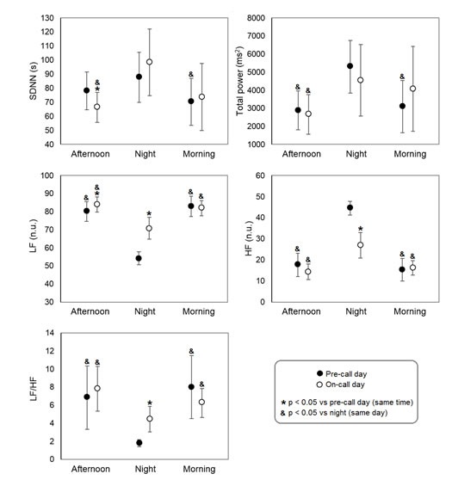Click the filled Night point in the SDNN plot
pyautogui.click(x=139, y=77)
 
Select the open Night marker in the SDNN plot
pyautogui.click(x=150, y=62)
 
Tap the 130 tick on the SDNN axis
pyautogui.click(x=47, y=18)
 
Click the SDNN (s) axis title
pyautogui.click(x=33, y=81)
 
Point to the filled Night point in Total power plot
pyautogui.click(x=350, y=66)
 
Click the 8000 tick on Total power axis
pyautogui.click(x=256, y=18)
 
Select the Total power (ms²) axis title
pyautogui.click(x=240, y=81)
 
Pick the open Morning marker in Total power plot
pyautogui.click(x=412, y=89)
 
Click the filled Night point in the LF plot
pyautogui.click(x=139, y=258)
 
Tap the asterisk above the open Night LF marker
pyautogui.click(x=149, y=213)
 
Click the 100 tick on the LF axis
pyautogui.click(x=47, y=175)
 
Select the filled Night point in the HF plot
pyautogui.click(x=350, y=207)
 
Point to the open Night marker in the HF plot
pyautogui.click(x=360, y=245)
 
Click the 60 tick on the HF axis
pyautogui.click(x=260, y=175)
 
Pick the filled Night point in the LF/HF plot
pyautogui.click(x=139, y=443)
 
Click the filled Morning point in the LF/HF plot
pyautogui.click(x=191, y=387)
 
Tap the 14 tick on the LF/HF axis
pyautogui.click(x=50, y=333)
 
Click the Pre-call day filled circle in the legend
pyautogui.click(x=319, y=373)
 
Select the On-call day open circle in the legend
pyautogui.click(x=319, y=384)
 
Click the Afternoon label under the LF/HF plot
pyautogui.click(x=90, y=469)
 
